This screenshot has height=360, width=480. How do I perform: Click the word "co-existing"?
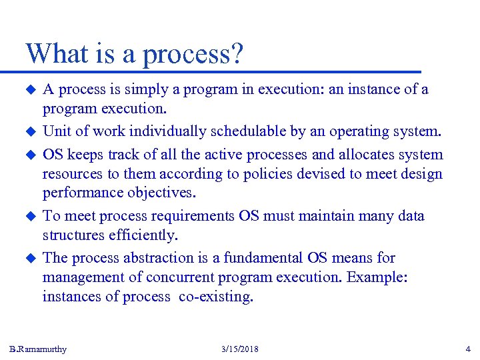click(216, 297)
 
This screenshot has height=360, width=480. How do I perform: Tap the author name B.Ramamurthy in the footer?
click(38, 349)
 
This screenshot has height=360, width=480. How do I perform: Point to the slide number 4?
click(467, 349)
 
